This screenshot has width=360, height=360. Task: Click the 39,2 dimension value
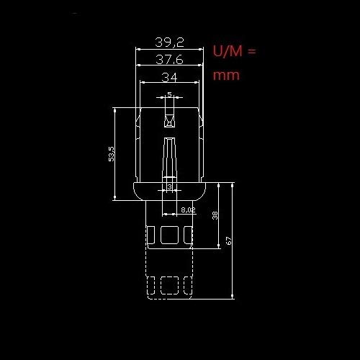tap(170, 42)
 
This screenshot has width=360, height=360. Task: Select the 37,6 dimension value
tap(170, 60)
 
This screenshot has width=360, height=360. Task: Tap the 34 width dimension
tap(170, 76)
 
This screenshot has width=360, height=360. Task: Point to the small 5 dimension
tap(169, 94)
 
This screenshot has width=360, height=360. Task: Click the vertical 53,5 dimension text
tap(111, 154)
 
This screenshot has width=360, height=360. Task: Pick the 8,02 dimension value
tap(188, 210)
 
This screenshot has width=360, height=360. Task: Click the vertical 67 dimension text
tap(228, 241)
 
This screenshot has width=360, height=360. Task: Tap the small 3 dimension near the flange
tap(169, 188)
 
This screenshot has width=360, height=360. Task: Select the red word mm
tap(225, 74)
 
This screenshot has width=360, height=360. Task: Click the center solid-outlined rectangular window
tap(170, 235)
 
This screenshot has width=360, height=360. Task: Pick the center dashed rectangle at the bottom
tap(170, 285)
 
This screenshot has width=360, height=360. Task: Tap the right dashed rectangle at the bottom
tap(187, 285)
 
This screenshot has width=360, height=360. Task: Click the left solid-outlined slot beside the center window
tap(153, 235)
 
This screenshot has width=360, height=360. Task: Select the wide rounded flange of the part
tap(170, 192)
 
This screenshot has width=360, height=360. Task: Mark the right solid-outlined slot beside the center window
tap(187, 235)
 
